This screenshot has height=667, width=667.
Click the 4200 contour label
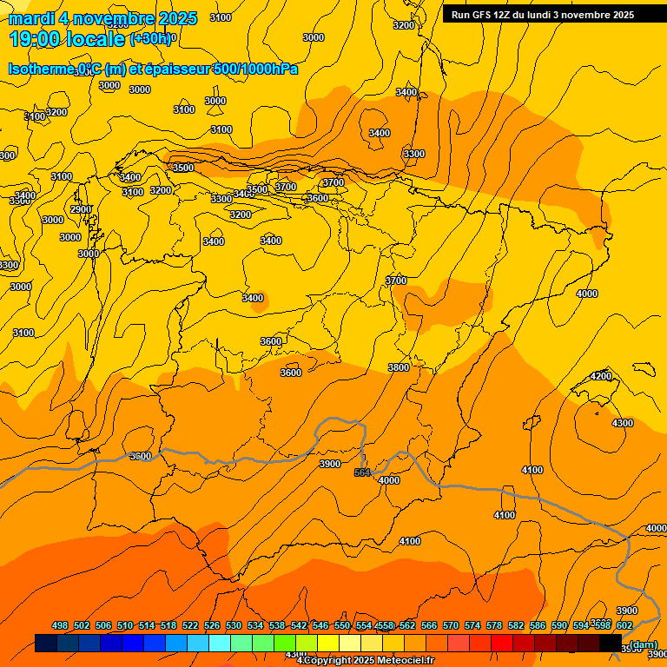click(601, 376)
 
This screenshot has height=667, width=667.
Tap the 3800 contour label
click(399, 367)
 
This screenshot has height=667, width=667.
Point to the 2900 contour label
click(81, 209)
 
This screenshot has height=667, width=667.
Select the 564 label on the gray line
click(362, 472)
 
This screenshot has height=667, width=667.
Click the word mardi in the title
click(32, 18)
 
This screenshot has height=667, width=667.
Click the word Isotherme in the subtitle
click(42, 69)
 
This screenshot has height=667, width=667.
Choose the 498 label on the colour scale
click(60, 625)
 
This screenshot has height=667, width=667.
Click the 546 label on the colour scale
click(320, 625)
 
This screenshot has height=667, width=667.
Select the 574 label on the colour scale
click(472, 625)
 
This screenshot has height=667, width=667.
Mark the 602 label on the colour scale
click(624, 625)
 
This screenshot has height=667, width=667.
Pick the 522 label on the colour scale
click(189, 625)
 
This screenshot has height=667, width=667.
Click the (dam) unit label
click(643, 644)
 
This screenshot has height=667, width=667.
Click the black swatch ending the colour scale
click(611, 643)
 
